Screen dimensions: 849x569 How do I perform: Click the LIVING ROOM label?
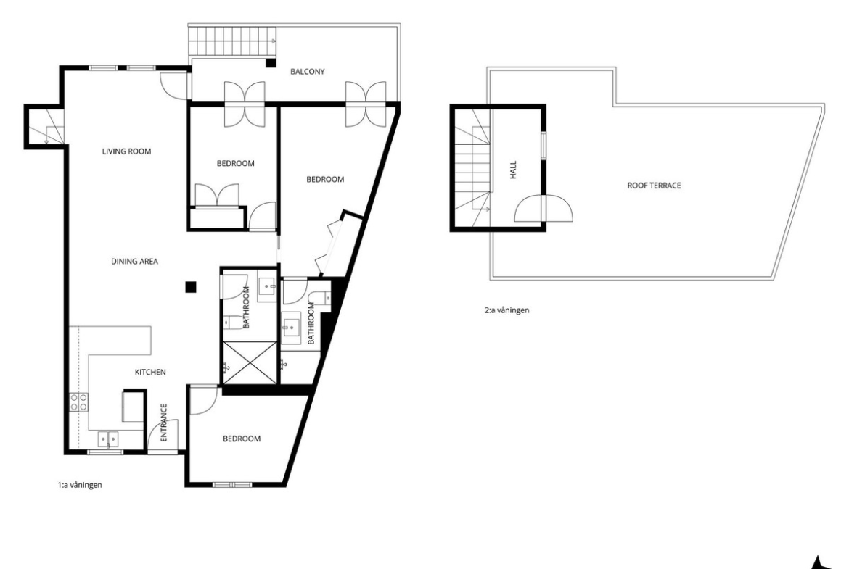[127, 151]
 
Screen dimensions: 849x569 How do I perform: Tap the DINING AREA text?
[135, 261]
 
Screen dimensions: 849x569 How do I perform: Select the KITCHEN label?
[150, 372]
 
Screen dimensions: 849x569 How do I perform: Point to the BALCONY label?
[307, 71]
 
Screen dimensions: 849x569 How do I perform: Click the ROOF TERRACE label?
[654, 186]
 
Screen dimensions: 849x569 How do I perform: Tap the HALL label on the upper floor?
[513, 170]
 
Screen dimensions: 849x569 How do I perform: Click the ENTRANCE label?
[163, 423]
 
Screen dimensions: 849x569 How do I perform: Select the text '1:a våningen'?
[80, 485]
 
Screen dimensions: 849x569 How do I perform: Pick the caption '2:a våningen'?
[506, 310]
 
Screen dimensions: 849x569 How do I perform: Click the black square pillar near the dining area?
[191, 287]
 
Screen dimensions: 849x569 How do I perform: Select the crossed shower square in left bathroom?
[250, 363]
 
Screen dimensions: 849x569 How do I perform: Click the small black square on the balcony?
[270, 63]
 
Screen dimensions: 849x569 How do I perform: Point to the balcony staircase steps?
[233, 41]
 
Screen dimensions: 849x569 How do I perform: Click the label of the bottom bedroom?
[242, 439]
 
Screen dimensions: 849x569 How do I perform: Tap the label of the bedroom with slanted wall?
[325, 180]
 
